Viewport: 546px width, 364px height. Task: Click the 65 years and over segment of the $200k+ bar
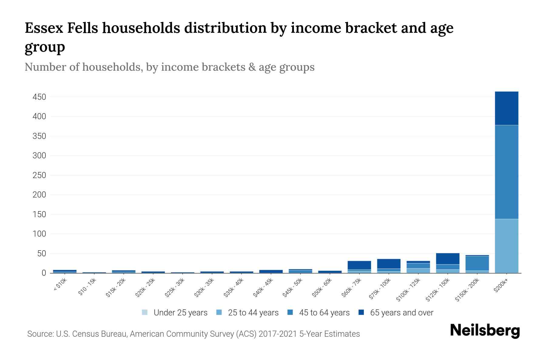click(x=506, y=108)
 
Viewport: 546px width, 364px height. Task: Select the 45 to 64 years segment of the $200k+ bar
click(x=506, y=172)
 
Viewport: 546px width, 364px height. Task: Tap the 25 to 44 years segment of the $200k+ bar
click(x=506, y=246)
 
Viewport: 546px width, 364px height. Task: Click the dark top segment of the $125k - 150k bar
click(x=447, y=259)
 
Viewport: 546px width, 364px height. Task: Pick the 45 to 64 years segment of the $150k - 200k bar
click(x=477, y=263)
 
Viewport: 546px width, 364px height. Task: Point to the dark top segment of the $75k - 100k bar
click(x=389, y=264)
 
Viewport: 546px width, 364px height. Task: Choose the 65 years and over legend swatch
click(x=361, y=312)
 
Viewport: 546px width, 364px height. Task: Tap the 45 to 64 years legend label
click(x=324, y=312)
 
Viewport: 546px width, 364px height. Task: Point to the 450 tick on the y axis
click(x=39, y=97)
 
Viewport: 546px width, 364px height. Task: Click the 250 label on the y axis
click(x=39, y=175)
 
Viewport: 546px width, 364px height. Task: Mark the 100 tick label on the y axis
click(x=39, y=234)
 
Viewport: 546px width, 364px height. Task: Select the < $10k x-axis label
click(x=60, y=285)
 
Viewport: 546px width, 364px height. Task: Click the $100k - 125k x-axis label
click(x=408, y=290)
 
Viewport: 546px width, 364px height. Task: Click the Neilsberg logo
click(x=485, y=331)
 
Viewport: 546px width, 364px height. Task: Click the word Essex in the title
click(x=44, y=28)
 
